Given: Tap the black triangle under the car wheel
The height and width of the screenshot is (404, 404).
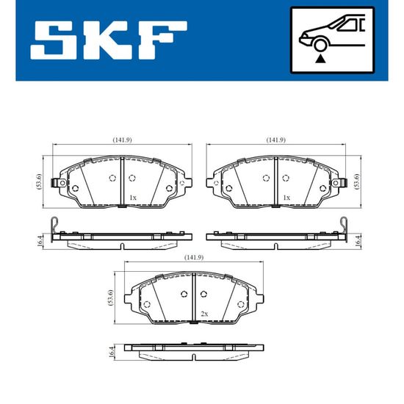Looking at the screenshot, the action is click(320, 59).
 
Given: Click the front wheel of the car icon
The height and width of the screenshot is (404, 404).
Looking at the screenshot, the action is click(320, 46).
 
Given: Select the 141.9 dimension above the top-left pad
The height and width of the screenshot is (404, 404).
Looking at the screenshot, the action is click(122, 140).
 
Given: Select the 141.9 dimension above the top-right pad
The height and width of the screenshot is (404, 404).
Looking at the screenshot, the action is click(275, 140).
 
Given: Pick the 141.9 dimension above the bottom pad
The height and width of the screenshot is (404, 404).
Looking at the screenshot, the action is click(194, 257).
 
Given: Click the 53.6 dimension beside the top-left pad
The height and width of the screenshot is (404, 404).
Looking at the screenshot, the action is click(39, 181).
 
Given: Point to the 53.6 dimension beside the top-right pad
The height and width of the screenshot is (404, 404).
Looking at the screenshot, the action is click(356, 181).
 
